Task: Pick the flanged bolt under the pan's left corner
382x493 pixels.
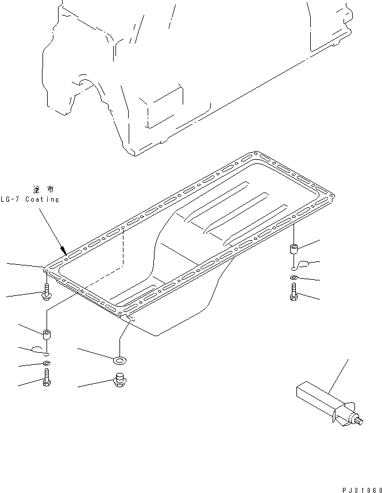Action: coord(47,294)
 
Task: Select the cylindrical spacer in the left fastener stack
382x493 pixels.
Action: coord(46,333)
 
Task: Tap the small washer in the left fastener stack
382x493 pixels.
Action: coord(46,364)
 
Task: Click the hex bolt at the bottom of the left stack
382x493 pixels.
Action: coord(46,379)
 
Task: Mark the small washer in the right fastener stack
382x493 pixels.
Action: coord(294,278)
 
